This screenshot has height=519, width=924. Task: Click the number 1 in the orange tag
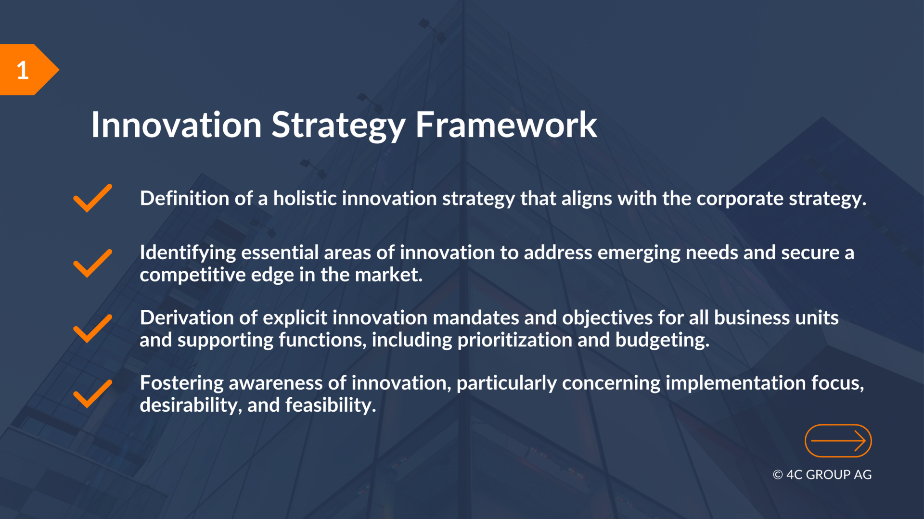point(23,70)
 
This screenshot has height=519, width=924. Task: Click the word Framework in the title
point(506,125)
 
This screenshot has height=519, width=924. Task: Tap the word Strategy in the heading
point(338,126)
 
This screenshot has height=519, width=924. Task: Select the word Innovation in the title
point(177,125)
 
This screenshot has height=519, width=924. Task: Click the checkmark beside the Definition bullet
point(92,198)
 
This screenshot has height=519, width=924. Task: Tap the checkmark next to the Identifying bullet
point(92,263)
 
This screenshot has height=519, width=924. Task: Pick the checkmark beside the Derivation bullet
point(92,329)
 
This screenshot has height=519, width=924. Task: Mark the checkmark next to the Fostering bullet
point(92,393)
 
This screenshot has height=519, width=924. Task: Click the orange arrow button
point(838,441)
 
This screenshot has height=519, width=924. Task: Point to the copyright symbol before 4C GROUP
point(778,475)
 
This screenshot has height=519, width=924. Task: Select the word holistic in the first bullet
point(305,198)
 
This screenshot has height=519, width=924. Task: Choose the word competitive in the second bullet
point(192,275)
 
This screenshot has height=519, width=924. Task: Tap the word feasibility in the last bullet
point(331,405)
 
